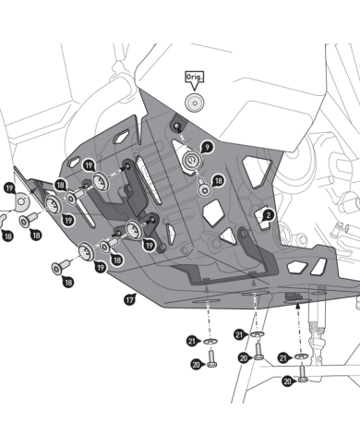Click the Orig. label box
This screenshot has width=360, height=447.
[x=194, y=77]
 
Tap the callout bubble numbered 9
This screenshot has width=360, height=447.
[x=207, y=148]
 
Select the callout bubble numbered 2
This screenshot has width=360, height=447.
[x=269, y=215]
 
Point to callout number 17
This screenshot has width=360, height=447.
[x=130, y=299]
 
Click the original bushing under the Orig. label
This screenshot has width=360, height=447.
[x=195, y=103]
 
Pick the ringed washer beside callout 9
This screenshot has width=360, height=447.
[x=192, y=160]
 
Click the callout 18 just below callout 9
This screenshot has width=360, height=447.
[x=218, y=181]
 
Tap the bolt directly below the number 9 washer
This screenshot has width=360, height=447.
[x=204, y=188]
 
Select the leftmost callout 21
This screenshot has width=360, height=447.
[x=193, y=341]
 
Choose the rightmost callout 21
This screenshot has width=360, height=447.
[x=284, y=358]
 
